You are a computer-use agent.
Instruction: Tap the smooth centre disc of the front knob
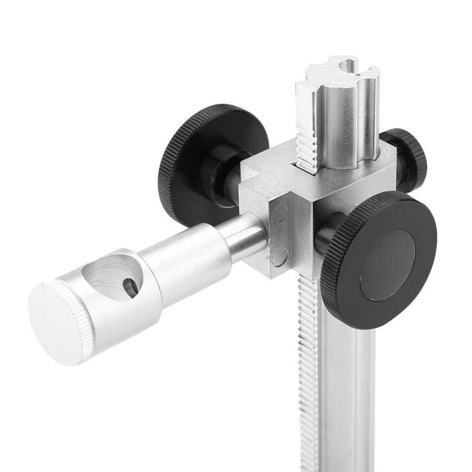[387, 265]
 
